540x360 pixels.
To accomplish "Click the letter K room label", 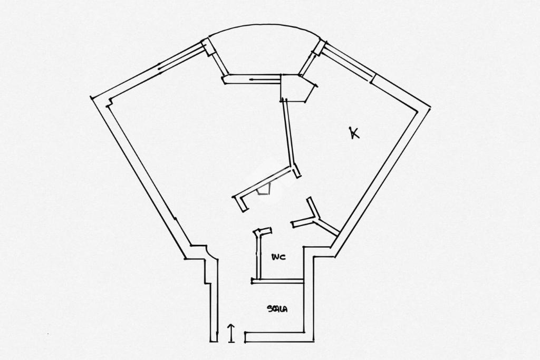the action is point(354,133).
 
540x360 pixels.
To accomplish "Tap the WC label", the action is point(278,257).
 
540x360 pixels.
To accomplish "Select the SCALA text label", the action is point(277,309).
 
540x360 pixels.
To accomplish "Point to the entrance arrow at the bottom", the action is point(231,333).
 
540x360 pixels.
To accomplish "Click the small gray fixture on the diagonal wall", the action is point(264,190).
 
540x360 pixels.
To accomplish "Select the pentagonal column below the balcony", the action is point(296,87).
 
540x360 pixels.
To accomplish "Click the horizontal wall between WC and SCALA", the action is point(277,281).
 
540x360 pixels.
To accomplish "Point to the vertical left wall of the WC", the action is point(258,256).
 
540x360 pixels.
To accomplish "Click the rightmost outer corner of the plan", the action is point(429,108).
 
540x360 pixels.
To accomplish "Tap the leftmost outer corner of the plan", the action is point(92,98).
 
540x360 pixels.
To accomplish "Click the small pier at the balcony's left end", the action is point(208,46).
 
